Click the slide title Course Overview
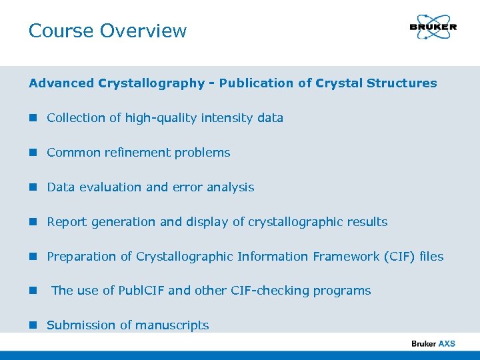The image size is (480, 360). [107, 31]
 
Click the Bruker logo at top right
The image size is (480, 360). [433, 27]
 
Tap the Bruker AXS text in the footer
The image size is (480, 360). [433, 343]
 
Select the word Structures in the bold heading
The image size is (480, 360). [401, 83]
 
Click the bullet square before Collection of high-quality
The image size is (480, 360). [33, 118]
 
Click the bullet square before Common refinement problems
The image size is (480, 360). [33, 153]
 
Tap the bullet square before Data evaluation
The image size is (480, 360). [33, 187]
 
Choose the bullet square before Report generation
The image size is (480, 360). [33, 222]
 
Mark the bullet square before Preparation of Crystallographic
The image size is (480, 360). [33, 257]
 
